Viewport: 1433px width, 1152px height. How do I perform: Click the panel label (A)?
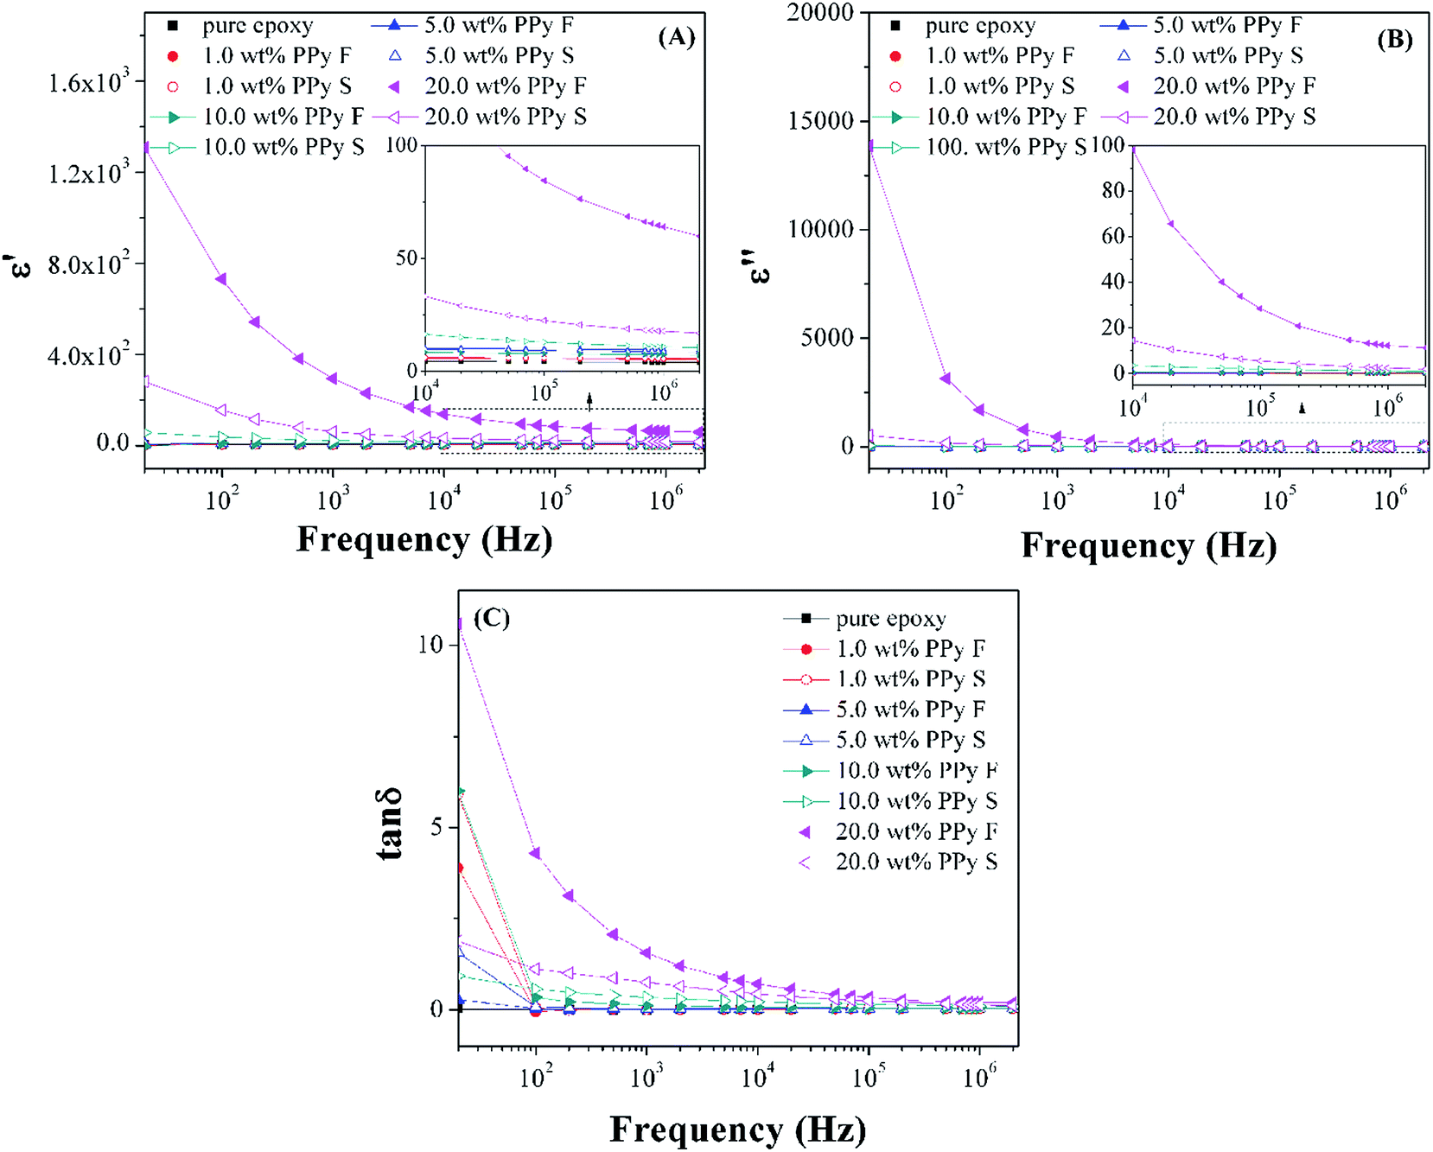pyautogui.click(x=676, y=37)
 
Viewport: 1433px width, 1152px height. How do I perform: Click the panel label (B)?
pyautogui.click(x=1394, y=40)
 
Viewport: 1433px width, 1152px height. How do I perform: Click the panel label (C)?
pyautogui.click(x=491, y=618)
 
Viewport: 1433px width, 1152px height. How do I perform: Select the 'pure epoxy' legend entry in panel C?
pyautogui.click(x=890, y=619)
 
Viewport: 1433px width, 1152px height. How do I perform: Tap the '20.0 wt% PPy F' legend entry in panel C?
pyautogui.click(x=916, y=831)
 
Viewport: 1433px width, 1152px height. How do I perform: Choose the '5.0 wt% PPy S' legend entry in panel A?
pyautogui.click(x=499, y=56)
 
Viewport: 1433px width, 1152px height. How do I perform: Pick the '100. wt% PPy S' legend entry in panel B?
pyautogui.click(x=1006, y=148)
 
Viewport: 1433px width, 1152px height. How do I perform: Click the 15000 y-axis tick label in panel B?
pyautogui.click(x=820, y=121)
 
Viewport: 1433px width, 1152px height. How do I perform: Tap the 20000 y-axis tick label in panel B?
pyautogui.click(x=820, y=13)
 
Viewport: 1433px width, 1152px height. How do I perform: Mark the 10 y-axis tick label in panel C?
pyautogui.click(x=430, y=645)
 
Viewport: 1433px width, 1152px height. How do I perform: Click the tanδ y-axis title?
pyautogui.click(x=390, y=824)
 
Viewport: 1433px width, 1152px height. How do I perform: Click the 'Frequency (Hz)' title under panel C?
pyautogui.click(x=737, y=1130)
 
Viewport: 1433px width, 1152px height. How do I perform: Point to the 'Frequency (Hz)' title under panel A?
pyautogui.click(x=424, y=539)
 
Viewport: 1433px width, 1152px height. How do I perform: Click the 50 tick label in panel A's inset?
pyautogui.click(x=405, y=258)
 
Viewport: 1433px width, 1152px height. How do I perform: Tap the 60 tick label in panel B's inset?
pyautogui.click(x=1112, y=236)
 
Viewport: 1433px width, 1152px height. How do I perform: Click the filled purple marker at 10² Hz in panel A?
pyautogui.click(x=221, y=279)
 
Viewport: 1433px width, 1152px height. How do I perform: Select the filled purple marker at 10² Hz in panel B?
pyautogui.click(x=946, y=379)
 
